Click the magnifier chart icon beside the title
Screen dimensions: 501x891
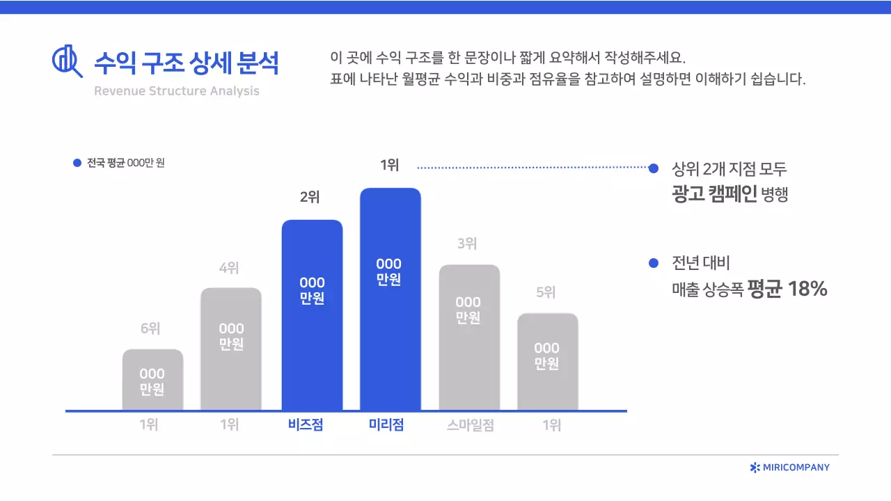67,61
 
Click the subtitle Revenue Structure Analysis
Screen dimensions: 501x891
176,91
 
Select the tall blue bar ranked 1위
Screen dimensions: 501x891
390,299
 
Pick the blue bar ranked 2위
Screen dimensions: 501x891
312,315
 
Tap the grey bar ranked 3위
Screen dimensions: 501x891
468,337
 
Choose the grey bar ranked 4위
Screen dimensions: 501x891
231,349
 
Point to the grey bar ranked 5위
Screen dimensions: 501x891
547,362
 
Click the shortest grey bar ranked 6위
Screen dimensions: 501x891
152,380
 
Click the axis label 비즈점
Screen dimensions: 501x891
306,425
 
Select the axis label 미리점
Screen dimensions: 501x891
386,425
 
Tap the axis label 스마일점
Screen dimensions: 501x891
471,425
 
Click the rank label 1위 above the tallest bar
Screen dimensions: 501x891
390,165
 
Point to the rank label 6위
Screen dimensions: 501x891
150,328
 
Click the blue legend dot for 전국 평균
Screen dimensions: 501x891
77,164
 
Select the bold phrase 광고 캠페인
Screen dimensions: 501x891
714,195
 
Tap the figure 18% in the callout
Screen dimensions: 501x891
807,289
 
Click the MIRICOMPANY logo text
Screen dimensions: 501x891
796,468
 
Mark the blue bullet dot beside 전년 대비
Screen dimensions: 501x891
653,263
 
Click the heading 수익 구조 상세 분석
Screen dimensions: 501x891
186,63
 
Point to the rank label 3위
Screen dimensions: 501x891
467,244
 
